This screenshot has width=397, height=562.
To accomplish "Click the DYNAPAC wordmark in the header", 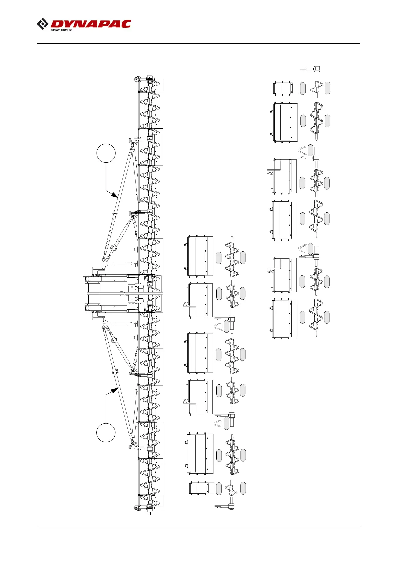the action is pos(91,24).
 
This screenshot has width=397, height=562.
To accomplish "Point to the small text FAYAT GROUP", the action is pos(61,30).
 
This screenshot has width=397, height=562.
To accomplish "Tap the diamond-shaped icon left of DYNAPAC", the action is pos(42,24).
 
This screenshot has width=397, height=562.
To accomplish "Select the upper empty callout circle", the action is pos(106,153).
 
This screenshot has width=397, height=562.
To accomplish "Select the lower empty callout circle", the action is pos(106,433).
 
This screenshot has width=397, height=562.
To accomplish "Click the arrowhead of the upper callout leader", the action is pos(115,195).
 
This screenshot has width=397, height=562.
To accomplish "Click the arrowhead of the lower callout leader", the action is pos(115,390).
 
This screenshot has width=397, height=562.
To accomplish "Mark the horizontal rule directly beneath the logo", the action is pos(198,43).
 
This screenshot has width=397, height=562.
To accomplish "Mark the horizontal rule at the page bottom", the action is pos(199,526).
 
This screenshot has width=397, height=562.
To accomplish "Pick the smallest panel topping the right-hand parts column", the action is pos(286,88).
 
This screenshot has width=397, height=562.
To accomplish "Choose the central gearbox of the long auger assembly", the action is pos(147,293).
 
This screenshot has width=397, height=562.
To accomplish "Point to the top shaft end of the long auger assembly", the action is pos(150,74).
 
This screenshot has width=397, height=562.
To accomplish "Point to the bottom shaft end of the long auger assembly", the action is pos(150,512).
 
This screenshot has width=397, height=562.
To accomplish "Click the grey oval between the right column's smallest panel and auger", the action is pos(303,88).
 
